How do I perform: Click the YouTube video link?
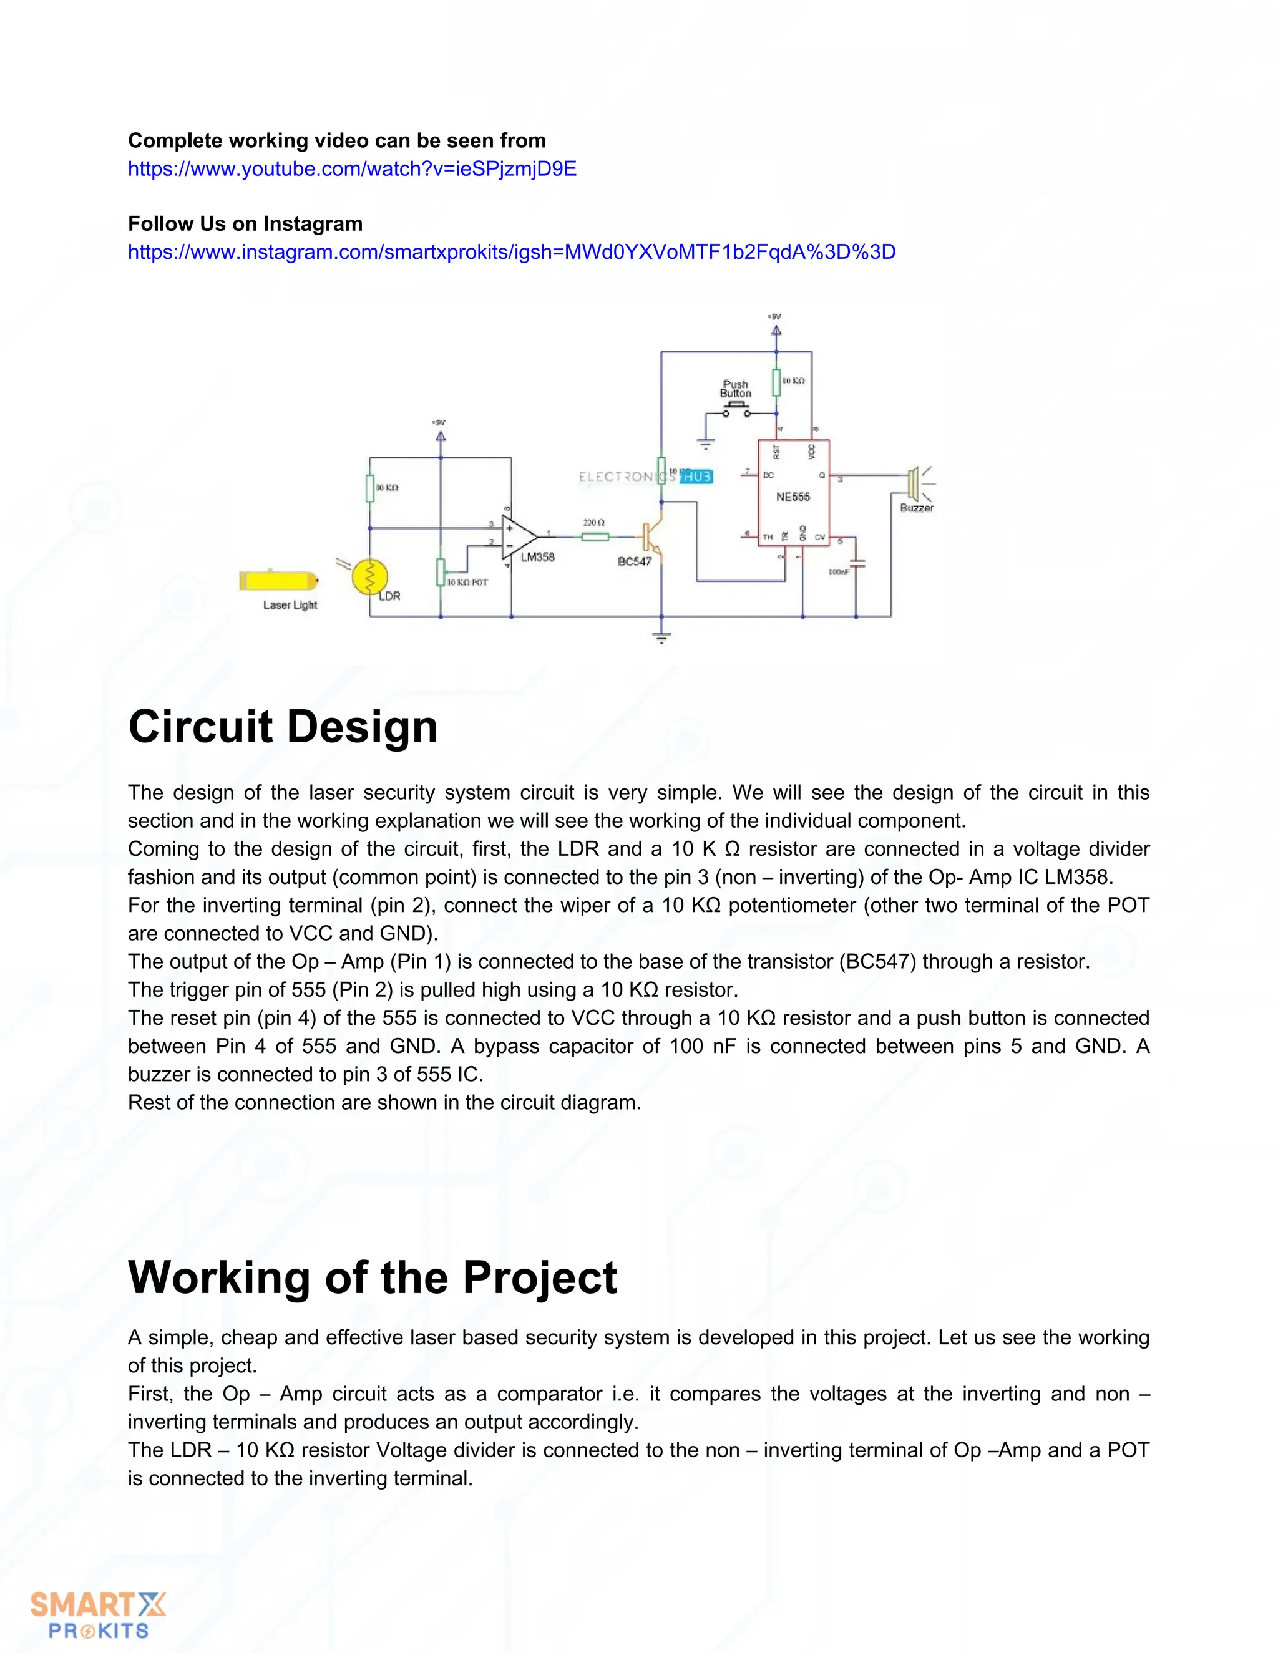click(352, 169)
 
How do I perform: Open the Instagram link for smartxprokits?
click(511, 252)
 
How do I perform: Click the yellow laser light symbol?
click(277, 581)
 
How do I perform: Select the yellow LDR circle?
click(370, 577)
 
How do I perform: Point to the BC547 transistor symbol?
click(651, 537)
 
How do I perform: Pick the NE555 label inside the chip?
click(793, 497)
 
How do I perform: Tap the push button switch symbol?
click(735, 411)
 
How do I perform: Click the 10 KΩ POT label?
click(467, 582)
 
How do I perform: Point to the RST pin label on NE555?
click(776, 452)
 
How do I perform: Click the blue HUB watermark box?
click(696, 477)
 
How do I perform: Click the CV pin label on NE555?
click(820, 537)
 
